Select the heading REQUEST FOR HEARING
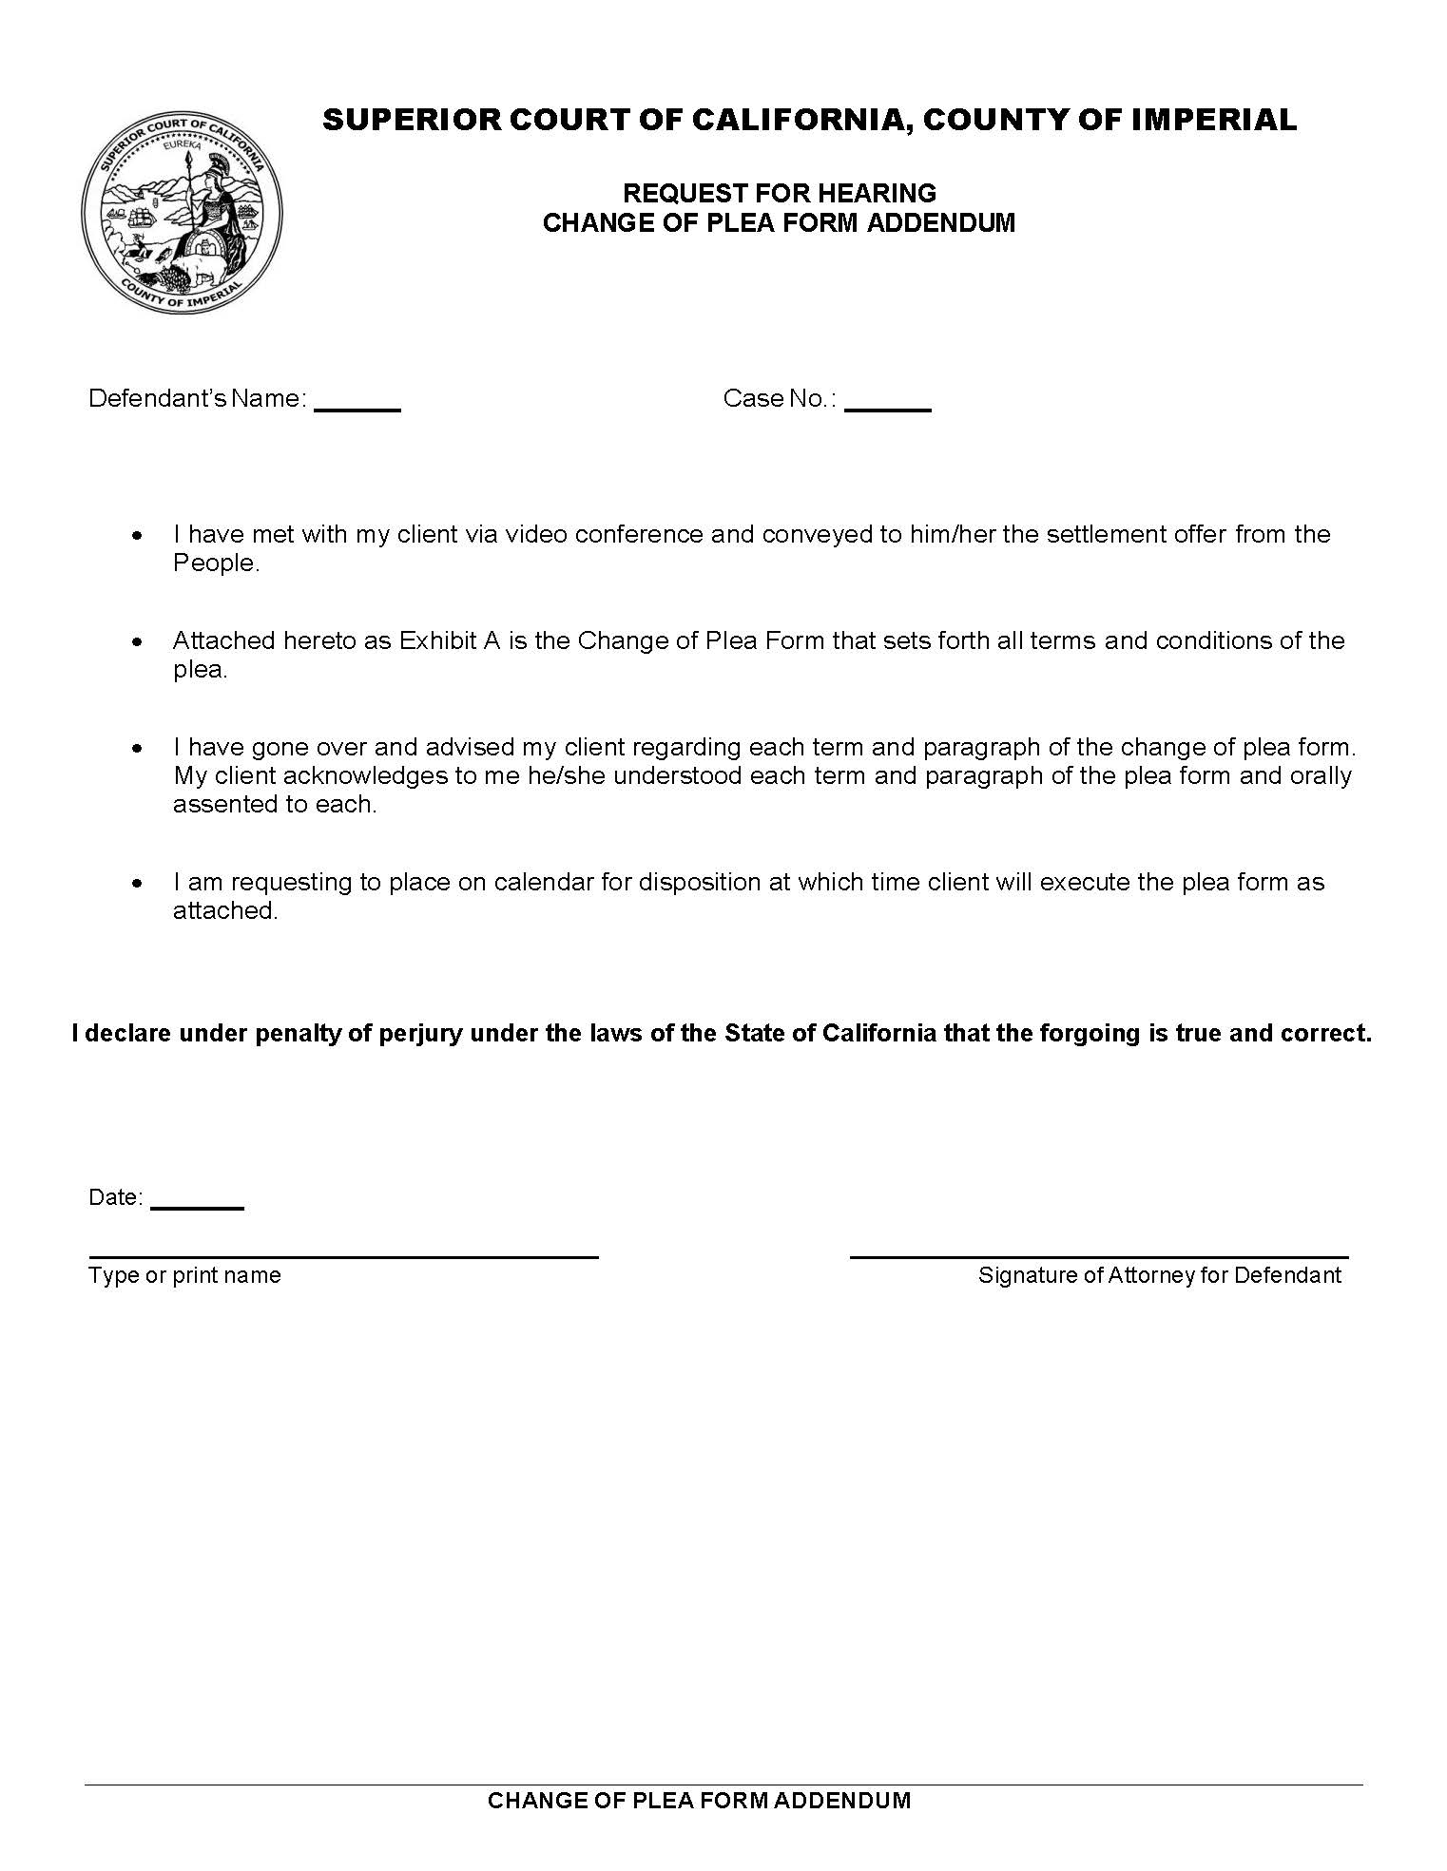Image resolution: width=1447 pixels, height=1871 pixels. [x=779, y=193]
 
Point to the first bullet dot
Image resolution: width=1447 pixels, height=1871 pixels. [x=139, y=536]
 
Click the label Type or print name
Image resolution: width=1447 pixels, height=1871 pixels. [x=184, y=1275]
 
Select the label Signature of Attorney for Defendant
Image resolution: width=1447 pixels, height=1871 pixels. [x=1159, y=1275]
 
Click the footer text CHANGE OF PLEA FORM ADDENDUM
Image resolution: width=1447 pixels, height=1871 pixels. [x=699, y=1800]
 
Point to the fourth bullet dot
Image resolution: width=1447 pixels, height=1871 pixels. [x=139, y=884]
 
